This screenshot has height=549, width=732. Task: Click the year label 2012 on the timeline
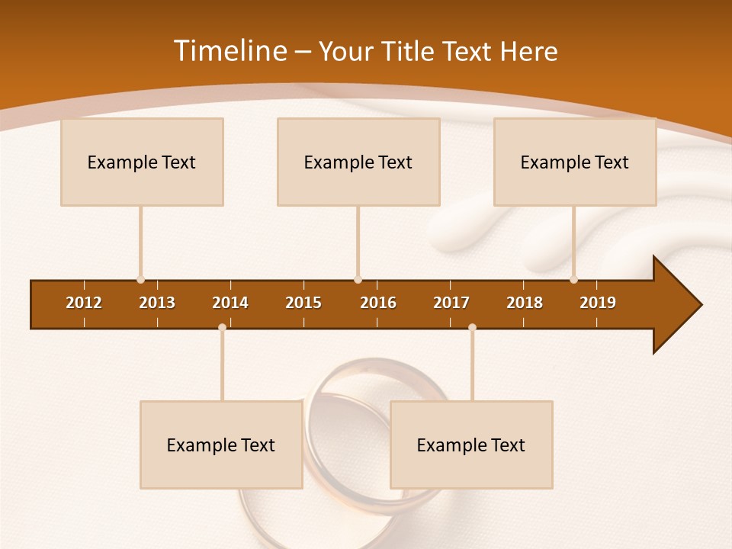pyautogui.click(x=84, y=303)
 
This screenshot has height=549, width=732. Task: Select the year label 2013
pyautogui.click(x=157, y=303)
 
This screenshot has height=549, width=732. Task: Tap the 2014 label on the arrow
pyautogui.click(x=230, y=303)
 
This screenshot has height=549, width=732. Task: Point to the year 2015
pyautogui.click(x=303, y=303)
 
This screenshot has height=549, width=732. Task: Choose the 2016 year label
pyautogui.click(x=378, y=303)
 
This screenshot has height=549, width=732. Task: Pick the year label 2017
pyautogui.click(x=451, y=303)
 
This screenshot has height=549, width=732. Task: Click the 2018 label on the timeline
pyautogui.click(x=525, y=303)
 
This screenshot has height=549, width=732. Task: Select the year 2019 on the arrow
pyautogui.click(x=598, y=303)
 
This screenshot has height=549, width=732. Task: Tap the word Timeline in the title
pyautogui.click(x=230, y=51)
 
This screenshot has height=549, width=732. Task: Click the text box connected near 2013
pyautogui.click(x=142, y=162)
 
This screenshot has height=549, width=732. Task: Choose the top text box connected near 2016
pyautogui.click(x=358, y=162)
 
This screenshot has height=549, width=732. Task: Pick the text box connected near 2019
pyautogui.click(x=575, y=162)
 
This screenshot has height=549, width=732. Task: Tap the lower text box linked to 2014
pyautogui.click(x=221, y=445)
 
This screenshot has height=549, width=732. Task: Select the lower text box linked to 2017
pyautogui.click(x=471, y=445)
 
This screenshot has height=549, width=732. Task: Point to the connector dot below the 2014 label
pyautogui.click(x=222, y=327)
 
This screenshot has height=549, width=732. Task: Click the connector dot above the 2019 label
pyautogui.click(x=573, y=280)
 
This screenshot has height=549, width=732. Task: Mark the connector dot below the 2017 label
pyautogui.click(x=472, y=327)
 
